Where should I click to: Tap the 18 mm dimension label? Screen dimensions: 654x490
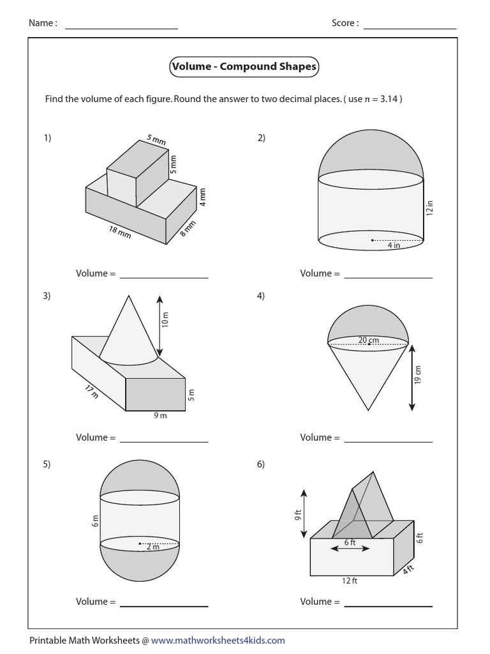coord(120,232)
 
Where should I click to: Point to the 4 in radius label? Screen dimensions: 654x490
coord(392,245)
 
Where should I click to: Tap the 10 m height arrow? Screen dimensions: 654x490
coord(159,325)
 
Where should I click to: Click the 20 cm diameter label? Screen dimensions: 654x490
coord(368,340)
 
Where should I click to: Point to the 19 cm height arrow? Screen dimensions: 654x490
coord(413,377)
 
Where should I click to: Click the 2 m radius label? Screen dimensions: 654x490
coord(151,547)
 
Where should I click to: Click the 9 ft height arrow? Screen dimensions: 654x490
coord(303,513)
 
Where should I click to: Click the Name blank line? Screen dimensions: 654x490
coord(121,29)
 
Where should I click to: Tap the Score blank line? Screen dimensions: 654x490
coord(410,29)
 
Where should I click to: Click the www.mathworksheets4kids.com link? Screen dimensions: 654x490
coord(218,640)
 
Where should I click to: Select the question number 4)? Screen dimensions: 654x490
coord(261,296)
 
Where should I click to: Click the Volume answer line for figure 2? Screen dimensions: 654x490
coord(388,277)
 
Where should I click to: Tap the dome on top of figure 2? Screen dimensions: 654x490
coord(371,153)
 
